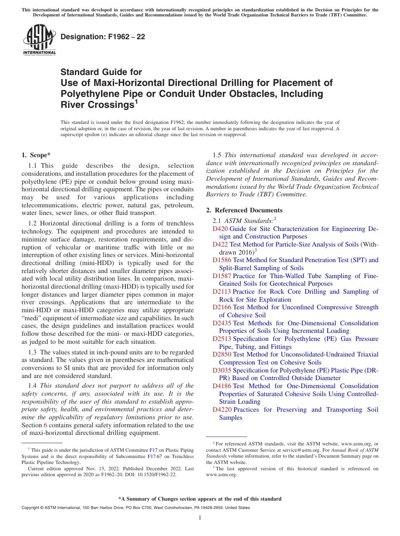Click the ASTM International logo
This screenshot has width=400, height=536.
pyautogui.click(x=39, y=40)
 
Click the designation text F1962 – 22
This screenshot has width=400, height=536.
pyautogui.click(x=103, y=37)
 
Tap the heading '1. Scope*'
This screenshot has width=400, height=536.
pyautogui.click(x=36, y=155)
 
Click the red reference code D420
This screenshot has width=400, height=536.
pyautogui.click(x=220, y=229)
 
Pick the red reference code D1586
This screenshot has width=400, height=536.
pyautogui.click(x=222, y=260)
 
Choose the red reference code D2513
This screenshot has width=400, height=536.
pyautogui.click(x=222, y=339)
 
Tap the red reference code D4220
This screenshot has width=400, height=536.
pyautogui.click(x=222, y=410)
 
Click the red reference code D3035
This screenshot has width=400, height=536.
pyautogui.click(x=222, y=370)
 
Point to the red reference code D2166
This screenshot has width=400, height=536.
pyautogui.click(x=222, y=307)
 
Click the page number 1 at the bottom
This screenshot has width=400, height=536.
pyautogui.click(x=200, y=517)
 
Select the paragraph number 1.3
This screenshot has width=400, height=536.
pyautogui.click(x=32, y=352)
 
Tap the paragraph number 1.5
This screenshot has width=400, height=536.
pyautogui.click(x=217, y=155)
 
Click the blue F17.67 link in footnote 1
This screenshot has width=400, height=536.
pyautogui.click(x=155, y=456)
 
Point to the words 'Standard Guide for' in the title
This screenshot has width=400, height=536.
pyautogui.click(x=101, y=72)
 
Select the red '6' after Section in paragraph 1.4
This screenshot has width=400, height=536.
pyautogui.click(x=45, y=425)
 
